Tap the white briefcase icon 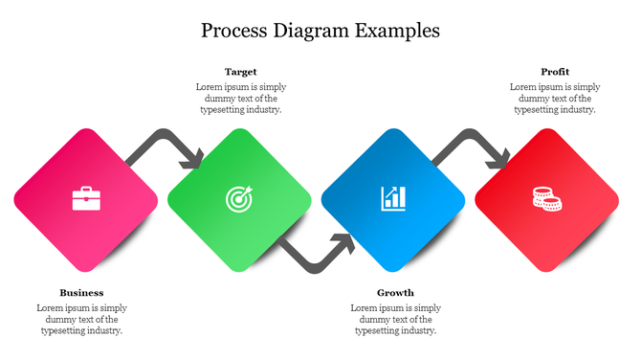click(86, 198)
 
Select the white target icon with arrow click(239, 198)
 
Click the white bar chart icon click(393, 198)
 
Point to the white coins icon click(546, 199)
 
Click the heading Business click(81, 292)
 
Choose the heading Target click(240, 72)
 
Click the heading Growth click(395, 292)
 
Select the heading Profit click(555, 72)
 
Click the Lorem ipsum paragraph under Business click(81, 319)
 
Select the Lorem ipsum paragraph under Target click(240, 99)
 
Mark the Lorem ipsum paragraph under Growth click(395, 319)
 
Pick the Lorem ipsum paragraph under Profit click(555, 99)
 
